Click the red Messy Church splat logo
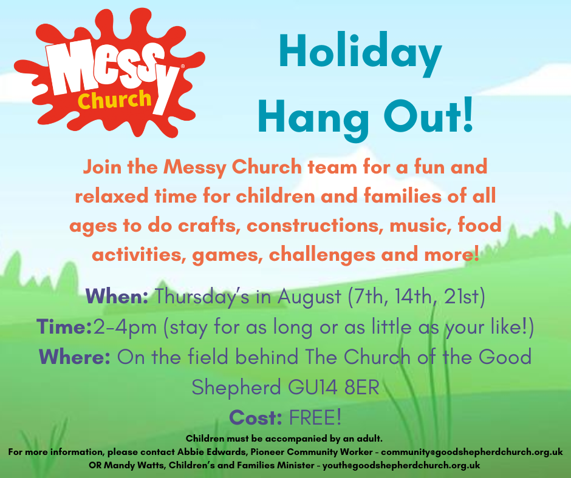pyautogui.click(x=109, y=73)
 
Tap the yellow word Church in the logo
pyautogui.click(x=114, y=99)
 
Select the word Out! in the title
pyautogui.click(x=429, y=116)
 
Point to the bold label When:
pyautogui.click(x=117, y=296)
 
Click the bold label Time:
pyautogui.click(x=64, y=326)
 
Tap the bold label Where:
pyautogui.click(x=75, y=357)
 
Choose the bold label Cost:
pyautogui.click(x=256, y=417)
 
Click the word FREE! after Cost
pyautogui.click(x=315, y=417)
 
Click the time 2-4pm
pyautogui.click(x=125, y=328)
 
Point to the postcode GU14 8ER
pyautogui.click(x=334, y=387)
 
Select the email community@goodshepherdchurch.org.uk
pyautogui.click(x=472, y=452)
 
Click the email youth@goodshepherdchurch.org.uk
pyautogui.click(x=402, y=465)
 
